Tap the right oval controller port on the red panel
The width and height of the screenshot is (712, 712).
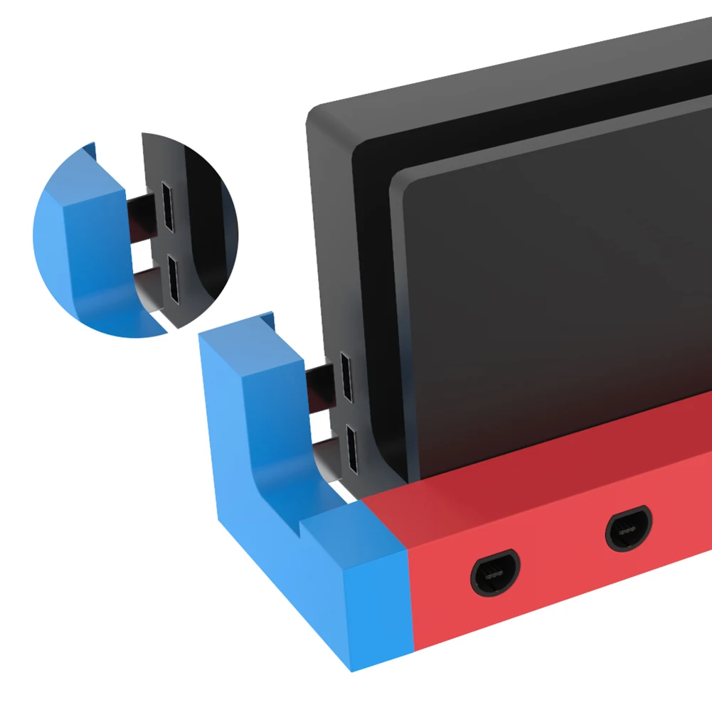[x=629, y=530]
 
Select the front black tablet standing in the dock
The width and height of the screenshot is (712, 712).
[x=555, y=285]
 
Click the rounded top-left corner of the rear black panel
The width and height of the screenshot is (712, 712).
[x=320, y=114]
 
